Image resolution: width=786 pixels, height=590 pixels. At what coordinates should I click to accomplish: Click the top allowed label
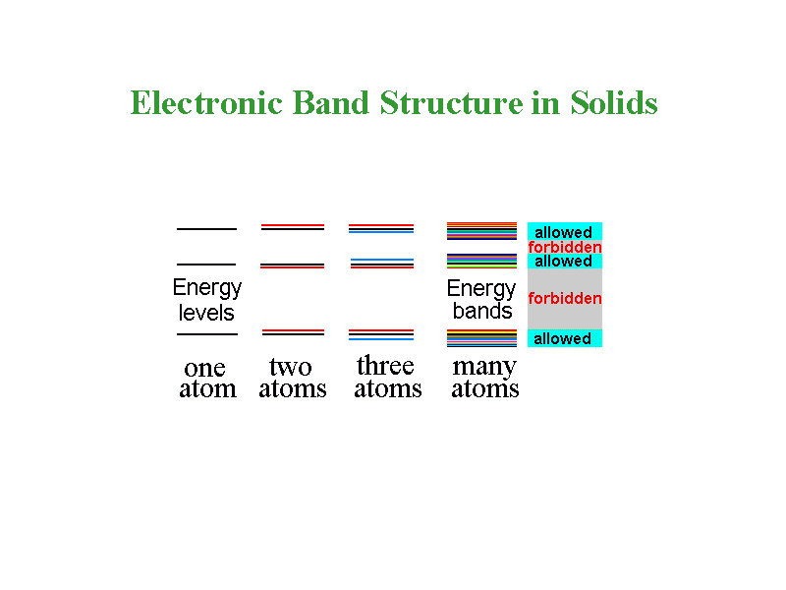coord(563,233)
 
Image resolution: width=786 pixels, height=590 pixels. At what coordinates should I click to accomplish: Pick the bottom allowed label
coord(563,339)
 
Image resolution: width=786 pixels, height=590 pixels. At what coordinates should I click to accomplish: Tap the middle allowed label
coord(563,262)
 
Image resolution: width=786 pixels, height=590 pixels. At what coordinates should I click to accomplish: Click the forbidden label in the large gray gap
coord(565,298)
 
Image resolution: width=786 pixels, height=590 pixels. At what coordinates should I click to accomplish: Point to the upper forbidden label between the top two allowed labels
coord(565,248)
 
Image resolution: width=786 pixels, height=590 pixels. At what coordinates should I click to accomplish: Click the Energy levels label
coord(206,300)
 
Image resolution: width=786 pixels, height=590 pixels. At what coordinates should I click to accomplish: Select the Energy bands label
coord(481,300)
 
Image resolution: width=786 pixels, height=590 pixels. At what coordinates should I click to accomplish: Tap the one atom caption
coord(206,379)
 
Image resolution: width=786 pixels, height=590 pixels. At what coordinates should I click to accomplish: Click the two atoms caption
coord(292,379)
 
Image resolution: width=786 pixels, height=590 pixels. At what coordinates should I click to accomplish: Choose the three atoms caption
coord(387,378)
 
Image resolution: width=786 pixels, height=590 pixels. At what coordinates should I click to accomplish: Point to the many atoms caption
coord(484,378)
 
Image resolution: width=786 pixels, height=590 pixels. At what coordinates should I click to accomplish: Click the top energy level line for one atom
coord(206,229)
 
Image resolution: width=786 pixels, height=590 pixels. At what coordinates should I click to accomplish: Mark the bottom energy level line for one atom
coord(206,334)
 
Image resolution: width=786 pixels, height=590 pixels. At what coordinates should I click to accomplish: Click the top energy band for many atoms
coord(481,231)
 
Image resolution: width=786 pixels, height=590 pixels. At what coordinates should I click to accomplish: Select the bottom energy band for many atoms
coord(481,338)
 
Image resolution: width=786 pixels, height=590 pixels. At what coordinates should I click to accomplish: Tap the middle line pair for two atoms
coord(292,265)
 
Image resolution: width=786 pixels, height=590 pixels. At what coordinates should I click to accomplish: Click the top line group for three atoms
coord(381,228)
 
